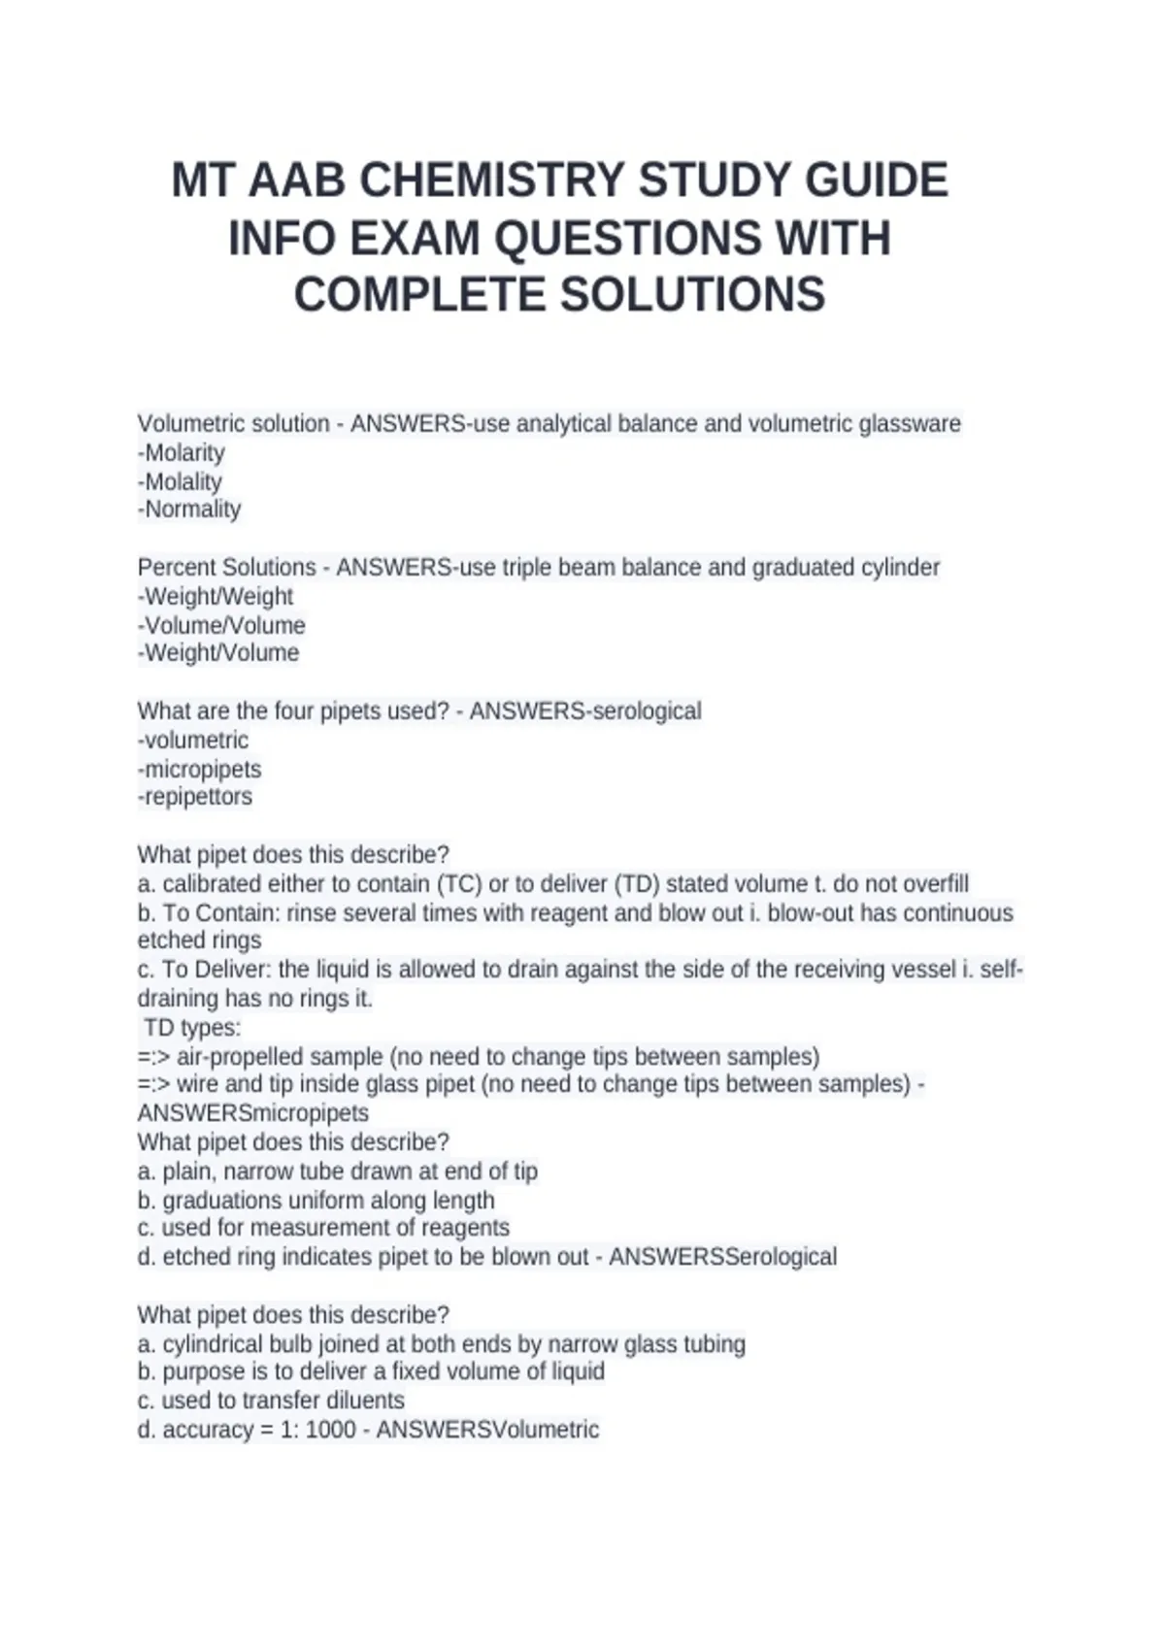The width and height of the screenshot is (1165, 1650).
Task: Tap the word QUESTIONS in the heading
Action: (x=620, y=239)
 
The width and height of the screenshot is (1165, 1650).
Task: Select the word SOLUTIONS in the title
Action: (x=693, y=295)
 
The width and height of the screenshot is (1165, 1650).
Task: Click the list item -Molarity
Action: (x=182, y=453)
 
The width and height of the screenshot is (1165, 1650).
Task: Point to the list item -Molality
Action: (x=180, y=481)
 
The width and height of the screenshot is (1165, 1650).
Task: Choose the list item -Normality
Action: (x=189, y=510)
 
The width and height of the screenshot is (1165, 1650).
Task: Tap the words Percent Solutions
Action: (x=227, y=568)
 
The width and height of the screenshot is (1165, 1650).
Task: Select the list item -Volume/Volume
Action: (x=221, y=625)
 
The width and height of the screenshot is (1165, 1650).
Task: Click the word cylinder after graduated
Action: (x=900, y=568)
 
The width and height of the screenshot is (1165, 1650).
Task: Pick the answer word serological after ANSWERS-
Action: (x=644, y=711)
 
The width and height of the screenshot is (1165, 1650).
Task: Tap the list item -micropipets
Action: (x=200, y=770)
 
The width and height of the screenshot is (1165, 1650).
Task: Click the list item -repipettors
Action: (x=195, y=797)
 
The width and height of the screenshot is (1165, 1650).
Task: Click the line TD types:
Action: (x=192, y=1028)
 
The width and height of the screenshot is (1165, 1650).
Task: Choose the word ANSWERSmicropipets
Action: (x=253, y=1113)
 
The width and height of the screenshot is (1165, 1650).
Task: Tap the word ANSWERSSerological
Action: (x=722, y=1257)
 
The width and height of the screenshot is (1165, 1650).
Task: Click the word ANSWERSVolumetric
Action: (x=487, y=1430)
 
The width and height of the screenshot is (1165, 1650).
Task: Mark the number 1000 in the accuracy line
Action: (x=330, y=1430)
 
